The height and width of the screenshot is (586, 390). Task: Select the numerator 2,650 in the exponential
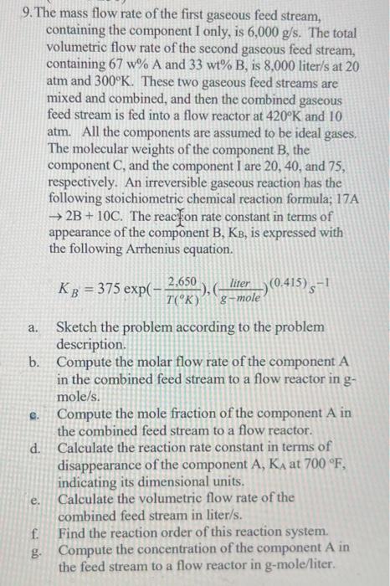point(182,282)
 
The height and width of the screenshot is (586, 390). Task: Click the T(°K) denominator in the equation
point(182,301)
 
